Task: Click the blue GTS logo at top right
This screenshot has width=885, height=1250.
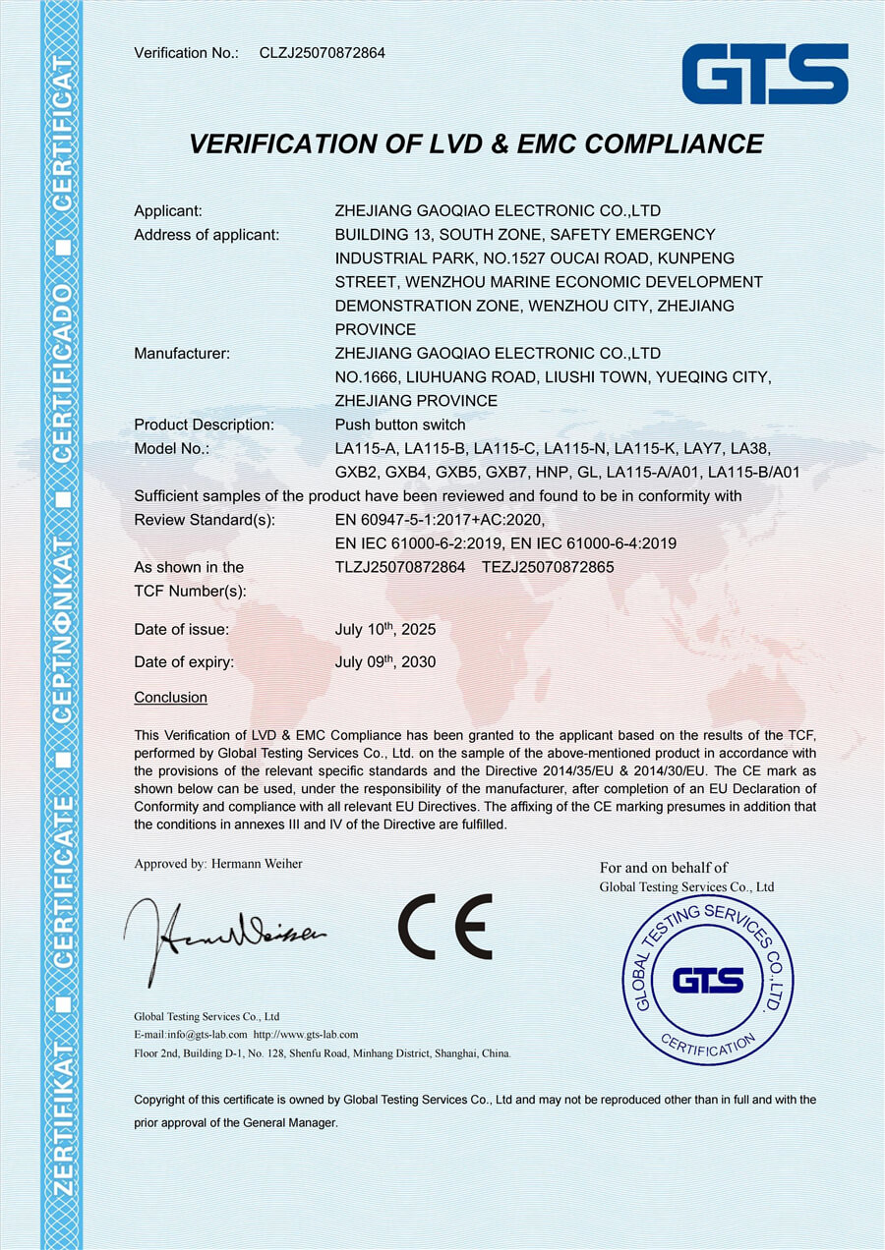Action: tap(765, 74)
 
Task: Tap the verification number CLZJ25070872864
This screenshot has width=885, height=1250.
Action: tap(322, 52)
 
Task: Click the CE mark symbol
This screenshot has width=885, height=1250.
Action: tap(444, 927)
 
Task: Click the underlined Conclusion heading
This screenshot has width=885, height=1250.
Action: tap(170, 698)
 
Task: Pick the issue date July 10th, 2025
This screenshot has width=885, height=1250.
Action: tap(385, 629)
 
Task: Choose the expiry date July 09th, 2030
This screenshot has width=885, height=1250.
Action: tap(385, 661)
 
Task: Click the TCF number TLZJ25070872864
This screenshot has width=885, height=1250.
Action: tap(400, 567)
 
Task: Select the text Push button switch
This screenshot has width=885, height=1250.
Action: tap(386, 425)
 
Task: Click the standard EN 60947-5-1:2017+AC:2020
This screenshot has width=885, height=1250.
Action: tap(440, 519)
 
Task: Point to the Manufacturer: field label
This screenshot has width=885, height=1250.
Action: tap(182, 353)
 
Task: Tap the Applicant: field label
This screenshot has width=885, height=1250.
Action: tap(168, 210)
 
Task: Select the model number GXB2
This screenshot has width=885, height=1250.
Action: tap(356, 472)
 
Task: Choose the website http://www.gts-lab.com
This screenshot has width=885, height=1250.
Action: tap(305, 1035)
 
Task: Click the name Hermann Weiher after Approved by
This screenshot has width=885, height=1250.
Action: tap(257, 864)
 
